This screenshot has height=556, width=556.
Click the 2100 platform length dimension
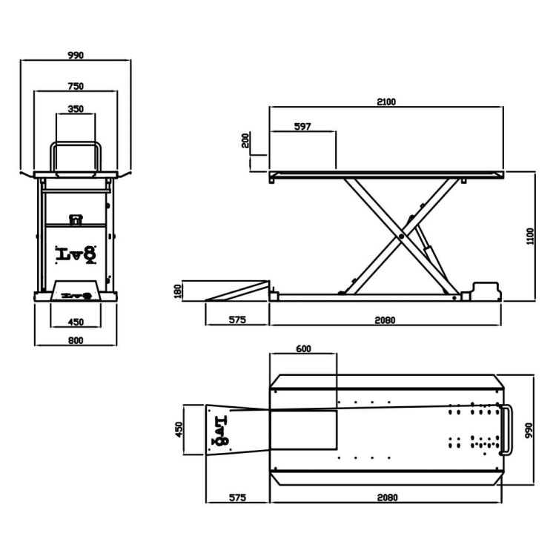(x=385, y=102)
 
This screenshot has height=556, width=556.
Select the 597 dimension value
(x=302, y=127)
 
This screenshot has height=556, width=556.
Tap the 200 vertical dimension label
(x=246, y=140)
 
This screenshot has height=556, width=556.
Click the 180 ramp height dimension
(x=177, y=291)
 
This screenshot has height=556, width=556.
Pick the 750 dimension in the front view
(x=76, y=86)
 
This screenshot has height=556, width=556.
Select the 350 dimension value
(x=76, y=109)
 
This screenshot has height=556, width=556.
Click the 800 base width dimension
(x=76, y=340)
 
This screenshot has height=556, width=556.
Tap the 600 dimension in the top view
(x=302, y=349)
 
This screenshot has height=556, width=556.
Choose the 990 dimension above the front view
(x=76, y=55)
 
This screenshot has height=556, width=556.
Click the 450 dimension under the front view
(x=76, y=321)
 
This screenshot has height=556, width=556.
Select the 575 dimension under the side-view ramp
(x=237, y=320)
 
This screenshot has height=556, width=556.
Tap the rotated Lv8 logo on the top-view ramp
(x=221, y=431)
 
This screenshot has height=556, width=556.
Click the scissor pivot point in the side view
(x=401, y=236)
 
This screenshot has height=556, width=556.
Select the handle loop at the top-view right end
(x=508, y=430)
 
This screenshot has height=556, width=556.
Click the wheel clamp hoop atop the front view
(x=76, y=156)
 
